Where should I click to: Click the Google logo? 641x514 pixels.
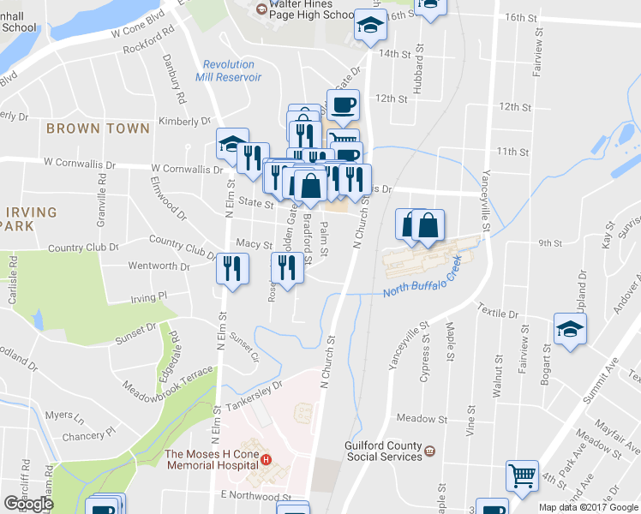[29, 504]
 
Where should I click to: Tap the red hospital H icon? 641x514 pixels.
[266, 460]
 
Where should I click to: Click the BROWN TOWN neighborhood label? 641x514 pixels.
[98, 128]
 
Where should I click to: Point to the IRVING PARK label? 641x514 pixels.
[28, 218]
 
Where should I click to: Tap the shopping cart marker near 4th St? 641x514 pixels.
[522, 475]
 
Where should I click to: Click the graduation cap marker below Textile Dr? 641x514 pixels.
[570, 329]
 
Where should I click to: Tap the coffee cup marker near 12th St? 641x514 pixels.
[343, 105]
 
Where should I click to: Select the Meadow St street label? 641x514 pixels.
[423, 419]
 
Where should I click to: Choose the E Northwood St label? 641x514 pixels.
[257, 496]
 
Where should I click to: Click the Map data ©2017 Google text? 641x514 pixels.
[589, 507]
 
